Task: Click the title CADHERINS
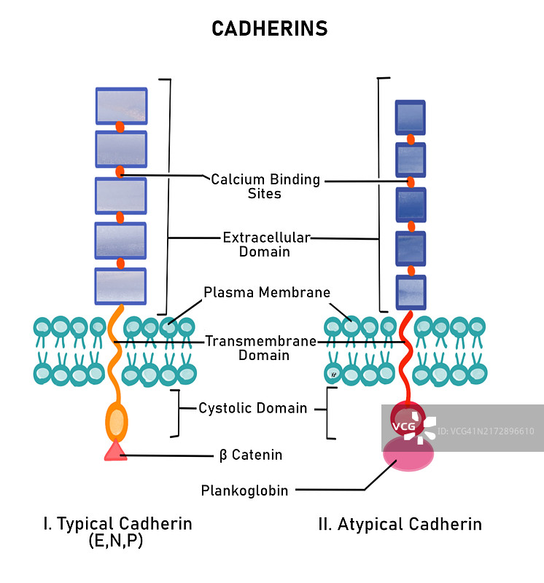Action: click(269, 28)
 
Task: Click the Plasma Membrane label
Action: click(266, 292)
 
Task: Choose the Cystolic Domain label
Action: click(253, 408)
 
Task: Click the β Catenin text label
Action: click(251, 455)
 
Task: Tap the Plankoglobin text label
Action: click(244, 490)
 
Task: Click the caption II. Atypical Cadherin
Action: click(400, 524)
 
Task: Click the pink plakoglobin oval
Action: click(408, 453)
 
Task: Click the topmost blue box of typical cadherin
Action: click(121, 106)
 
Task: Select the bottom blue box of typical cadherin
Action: click(121, 286)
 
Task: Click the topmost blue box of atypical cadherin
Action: click(411, 117)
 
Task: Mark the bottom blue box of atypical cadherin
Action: click(411, 292)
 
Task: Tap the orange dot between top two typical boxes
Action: click(120, 128)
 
